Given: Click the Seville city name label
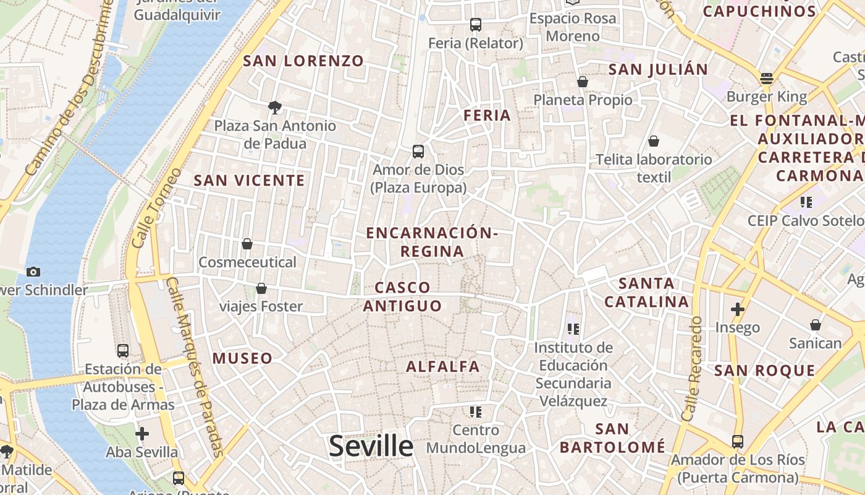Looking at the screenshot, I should pos(371,445).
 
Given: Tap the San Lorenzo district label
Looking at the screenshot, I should pos(303,61).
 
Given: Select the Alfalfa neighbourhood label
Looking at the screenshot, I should pos(442,366).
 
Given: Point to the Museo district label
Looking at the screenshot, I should pos(242,358).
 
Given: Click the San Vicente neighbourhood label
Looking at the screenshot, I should pos(249,181).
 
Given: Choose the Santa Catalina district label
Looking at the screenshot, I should pos(646,293).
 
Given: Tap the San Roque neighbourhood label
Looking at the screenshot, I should pos(764,371).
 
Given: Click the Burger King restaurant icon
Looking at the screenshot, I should pos(767,79).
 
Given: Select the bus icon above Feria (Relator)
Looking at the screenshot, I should pos(475,25).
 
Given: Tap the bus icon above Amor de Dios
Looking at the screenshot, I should pos(418,152).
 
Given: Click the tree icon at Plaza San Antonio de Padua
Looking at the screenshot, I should pos(275,108).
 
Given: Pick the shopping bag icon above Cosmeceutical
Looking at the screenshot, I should pos(247,244).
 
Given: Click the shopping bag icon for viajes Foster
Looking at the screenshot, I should pos(261,288).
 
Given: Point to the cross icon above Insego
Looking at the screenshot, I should pos(737,309).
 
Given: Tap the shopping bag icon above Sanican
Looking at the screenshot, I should pos(816,325).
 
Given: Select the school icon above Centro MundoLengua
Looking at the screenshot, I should pos(475,411).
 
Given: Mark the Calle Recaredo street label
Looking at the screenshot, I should pos(691,369).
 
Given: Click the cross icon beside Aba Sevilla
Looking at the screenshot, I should pos(142,434).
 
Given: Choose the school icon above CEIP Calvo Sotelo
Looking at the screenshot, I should pos(806,202).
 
